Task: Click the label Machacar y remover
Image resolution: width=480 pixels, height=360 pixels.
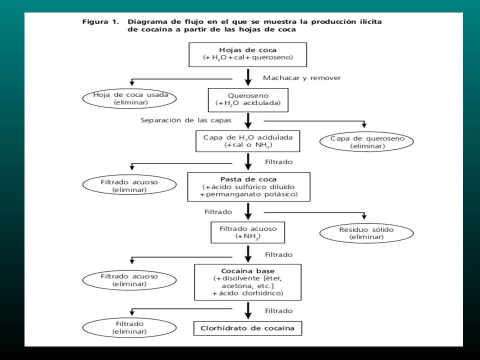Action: click(x=302, y=78)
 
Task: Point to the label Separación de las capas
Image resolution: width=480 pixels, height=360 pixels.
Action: click(x=186, y=120)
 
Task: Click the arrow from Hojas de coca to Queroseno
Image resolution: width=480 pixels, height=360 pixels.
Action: click(x=248, y=77)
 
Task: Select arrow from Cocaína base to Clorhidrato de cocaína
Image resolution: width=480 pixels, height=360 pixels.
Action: click(x=248, y=310)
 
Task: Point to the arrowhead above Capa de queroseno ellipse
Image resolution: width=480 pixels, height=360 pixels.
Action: click(x=364, y=125)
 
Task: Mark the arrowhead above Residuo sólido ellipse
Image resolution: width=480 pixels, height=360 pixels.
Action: click(x=364, y=216)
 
